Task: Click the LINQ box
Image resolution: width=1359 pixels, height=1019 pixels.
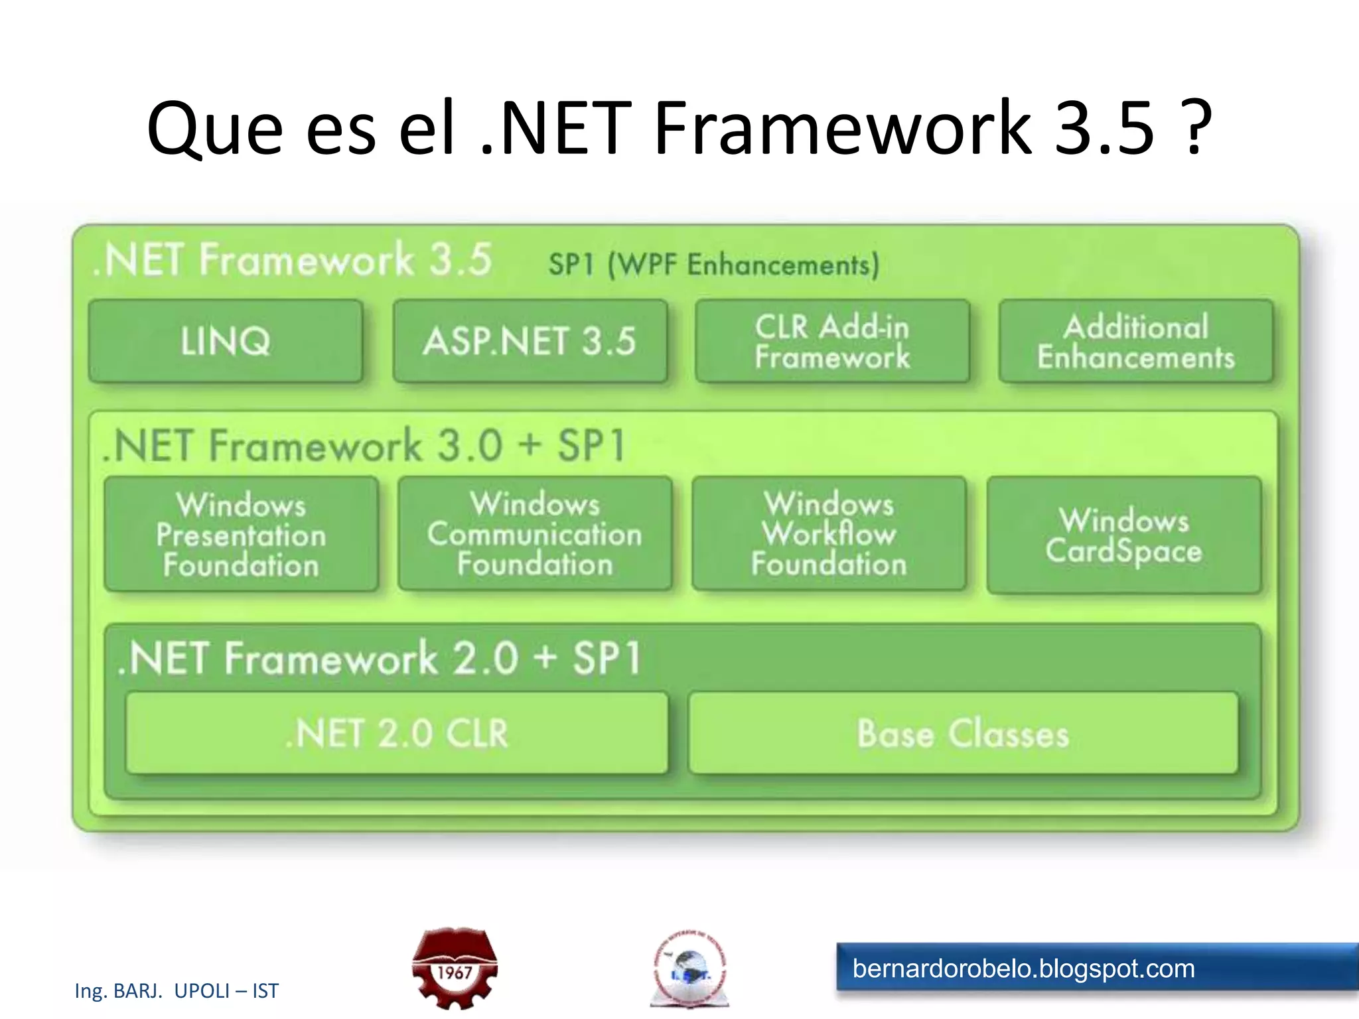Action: [226, 341]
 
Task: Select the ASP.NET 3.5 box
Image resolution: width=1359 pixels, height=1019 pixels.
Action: [530, 341]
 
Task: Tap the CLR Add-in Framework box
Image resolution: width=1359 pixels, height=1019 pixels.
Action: [832, 341]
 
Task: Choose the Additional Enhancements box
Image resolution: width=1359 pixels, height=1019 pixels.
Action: [1136, 341]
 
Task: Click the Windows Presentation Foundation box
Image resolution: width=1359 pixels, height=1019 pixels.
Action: [242, 534]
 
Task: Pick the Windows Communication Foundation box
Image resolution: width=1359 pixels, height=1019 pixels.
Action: [535, 534]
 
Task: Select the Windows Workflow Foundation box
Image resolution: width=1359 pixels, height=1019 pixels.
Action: [829, 534]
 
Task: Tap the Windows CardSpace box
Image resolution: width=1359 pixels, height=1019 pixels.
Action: [1124, 535]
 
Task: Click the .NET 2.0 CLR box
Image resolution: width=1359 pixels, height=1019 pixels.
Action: [397, 733]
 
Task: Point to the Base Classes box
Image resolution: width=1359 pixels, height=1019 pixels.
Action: [964, 733]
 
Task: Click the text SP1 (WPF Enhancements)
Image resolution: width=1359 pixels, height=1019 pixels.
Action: [714, 265]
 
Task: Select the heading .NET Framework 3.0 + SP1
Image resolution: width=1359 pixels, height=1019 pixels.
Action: [365, 445]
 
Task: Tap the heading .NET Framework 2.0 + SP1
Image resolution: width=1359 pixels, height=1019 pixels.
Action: [380, 658]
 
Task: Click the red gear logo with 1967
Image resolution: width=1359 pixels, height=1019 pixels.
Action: [455, 968]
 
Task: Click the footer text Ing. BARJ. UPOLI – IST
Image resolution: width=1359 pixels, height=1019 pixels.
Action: [177, 990]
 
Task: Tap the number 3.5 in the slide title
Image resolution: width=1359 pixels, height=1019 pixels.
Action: [1104, 127]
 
